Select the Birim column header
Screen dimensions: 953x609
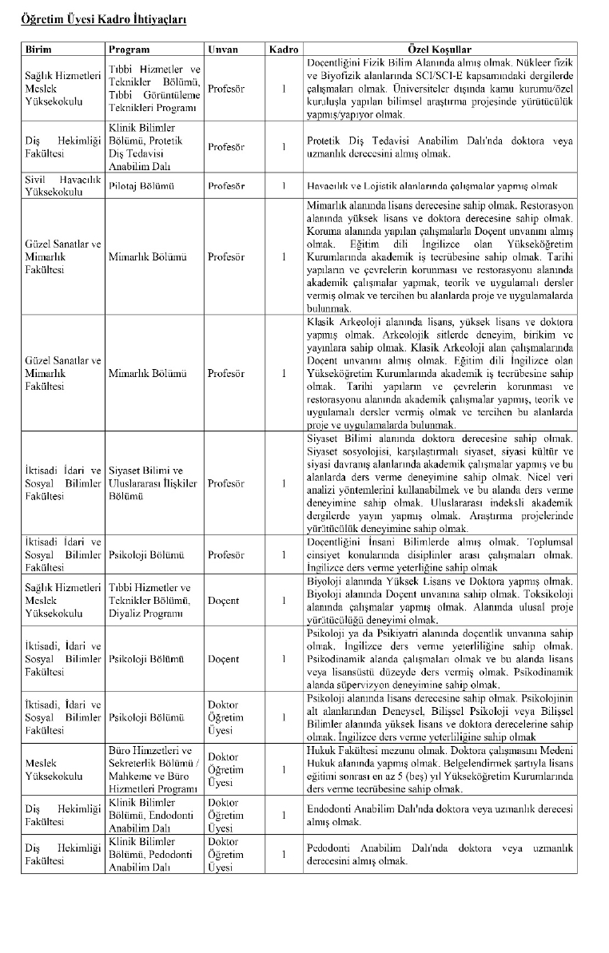[39, 49]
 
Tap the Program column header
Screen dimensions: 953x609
[129, 49]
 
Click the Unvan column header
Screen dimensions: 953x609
[223, 49]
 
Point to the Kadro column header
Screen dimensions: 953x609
[284, 49]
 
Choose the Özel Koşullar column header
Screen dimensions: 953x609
[440, 49]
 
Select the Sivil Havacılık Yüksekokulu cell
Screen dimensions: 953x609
[63, 186]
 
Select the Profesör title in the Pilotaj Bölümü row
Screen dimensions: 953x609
[226, 186]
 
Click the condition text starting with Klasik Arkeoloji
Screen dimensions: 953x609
[440, 373]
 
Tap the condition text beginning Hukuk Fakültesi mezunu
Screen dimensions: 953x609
[440, 769]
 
